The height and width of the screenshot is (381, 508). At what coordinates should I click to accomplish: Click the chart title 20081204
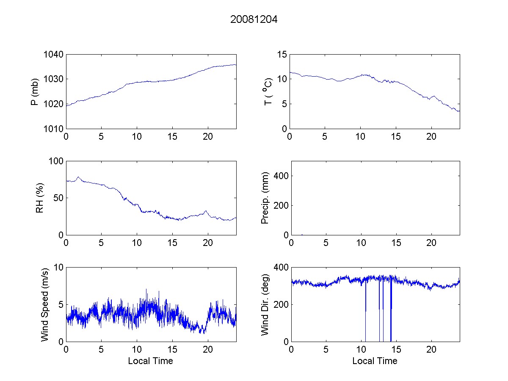[x=254, y=19]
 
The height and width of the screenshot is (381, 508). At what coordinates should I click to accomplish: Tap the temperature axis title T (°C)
[x=268, y=91]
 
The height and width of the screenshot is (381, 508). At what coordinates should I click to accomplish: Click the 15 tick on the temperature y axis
[x=282, y=55]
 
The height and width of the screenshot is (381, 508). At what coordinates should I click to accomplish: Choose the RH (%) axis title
[x=40, y=198]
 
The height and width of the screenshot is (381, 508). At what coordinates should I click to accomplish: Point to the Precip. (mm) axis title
[x=265, y=198]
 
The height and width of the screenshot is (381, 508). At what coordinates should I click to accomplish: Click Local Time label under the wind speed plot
[x=150, y=361]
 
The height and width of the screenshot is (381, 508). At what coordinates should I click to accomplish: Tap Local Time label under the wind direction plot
[x=375, y=361]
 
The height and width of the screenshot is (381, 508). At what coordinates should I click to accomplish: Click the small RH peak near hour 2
[x=78, y=177]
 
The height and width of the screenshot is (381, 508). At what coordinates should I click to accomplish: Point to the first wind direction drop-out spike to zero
[x=365, y=322]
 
